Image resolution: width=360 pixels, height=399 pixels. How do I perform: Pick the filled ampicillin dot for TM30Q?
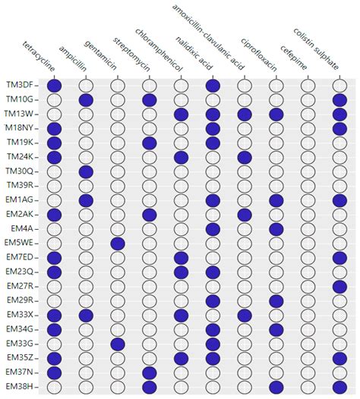click(x=86, y=171)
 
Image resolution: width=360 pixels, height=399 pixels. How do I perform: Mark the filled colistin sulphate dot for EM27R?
click(x=339, y=285)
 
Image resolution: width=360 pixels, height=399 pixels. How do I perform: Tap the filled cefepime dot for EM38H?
click(x=276, y=385)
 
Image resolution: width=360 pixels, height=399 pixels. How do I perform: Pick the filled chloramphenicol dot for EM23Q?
click(x=181, y=271)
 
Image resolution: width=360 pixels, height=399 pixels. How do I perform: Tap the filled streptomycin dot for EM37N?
click(x=149, y=371)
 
